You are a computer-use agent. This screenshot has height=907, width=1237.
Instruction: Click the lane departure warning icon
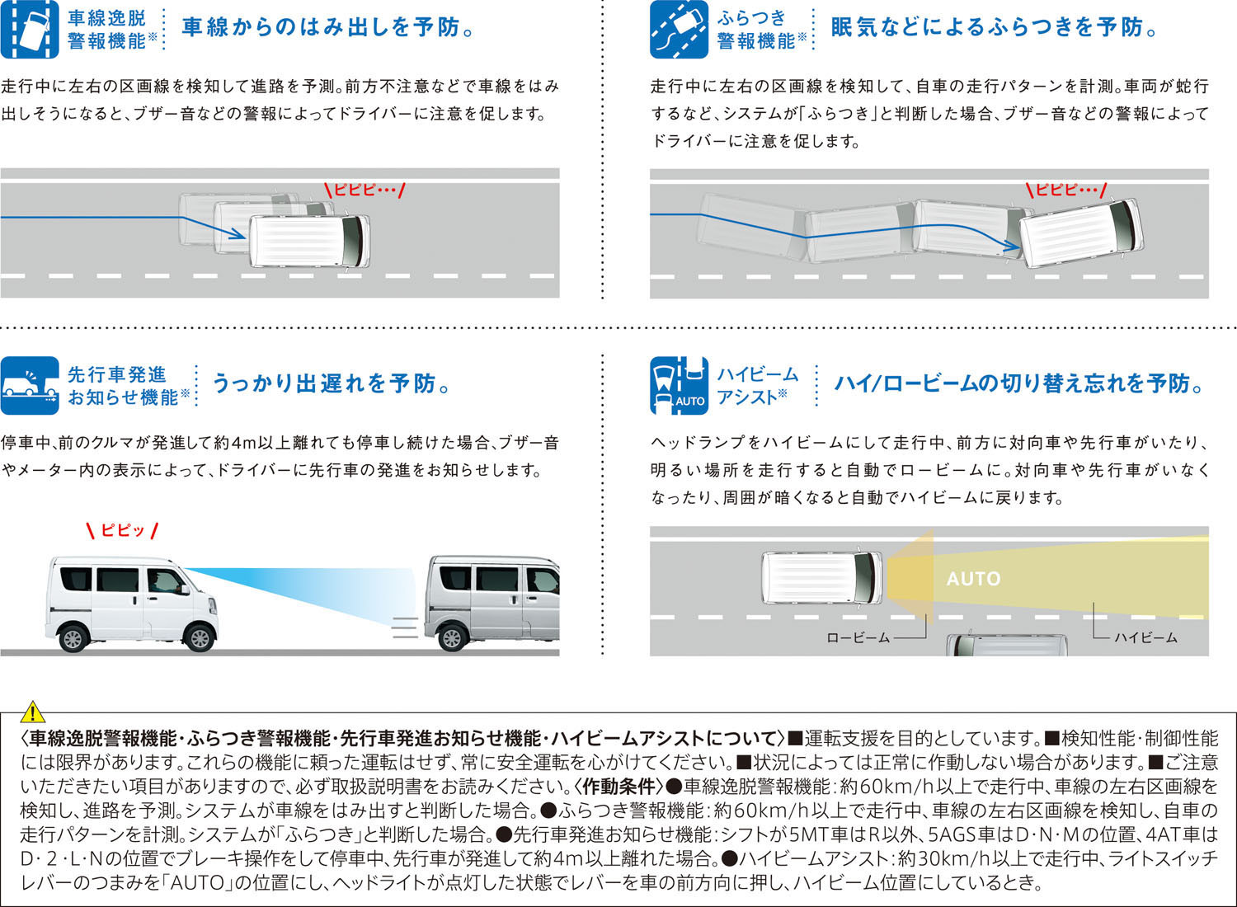click(x=30, y=29)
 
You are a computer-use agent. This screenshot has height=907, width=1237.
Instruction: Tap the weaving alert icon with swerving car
click(x=679, y=29)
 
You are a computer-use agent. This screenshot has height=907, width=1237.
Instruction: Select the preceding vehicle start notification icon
click(x=30, y=385)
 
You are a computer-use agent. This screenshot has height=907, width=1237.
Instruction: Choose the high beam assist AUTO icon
click(x=679, y=385)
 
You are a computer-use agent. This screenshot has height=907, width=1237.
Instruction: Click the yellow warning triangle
click(x=33, y=712)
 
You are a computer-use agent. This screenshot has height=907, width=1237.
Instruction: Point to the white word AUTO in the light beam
click(x=974, y=579)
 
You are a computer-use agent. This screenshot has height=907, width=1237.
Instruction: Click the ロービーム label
click(x=858, y=638)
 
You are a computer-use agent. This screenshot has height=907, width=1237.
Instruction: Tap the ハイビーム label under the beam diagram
click(x=1145, y=638)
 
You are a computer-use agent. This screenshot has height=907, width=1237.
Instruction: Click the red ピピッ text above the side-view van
click(x=123, y=530)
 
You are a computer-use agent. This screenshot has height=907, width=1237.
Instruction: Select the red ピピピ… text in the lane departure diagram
click(x=365, y=190)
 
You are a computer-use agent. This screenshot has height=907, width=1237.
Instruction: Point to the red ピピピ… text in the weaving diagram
click(x=1066, y=190)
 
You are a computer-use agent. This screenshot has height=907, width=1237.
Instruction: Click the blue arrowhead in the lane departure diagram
click(x=238, y=234)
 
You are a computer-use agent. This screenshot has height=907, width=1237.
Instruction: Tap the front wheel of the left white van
click(x=200, y=637)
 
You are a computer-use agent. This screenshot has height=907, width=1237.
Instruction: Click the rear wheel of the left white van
click(x=73, y=637)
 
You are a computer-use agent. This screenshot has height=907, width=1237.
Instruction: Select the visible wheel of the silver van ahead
click(x=452, y=637)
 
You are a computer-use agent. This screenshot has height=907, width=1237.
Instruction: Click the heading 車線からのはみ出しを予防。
click(x=328, y=27)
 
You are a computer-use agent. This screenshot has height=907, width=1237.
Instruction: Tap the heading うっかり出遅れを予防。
click(x=331, y=383)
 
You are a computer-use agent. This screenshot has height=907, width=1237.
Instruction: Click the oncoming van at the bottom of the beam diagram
click(x=1006, y=644)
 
